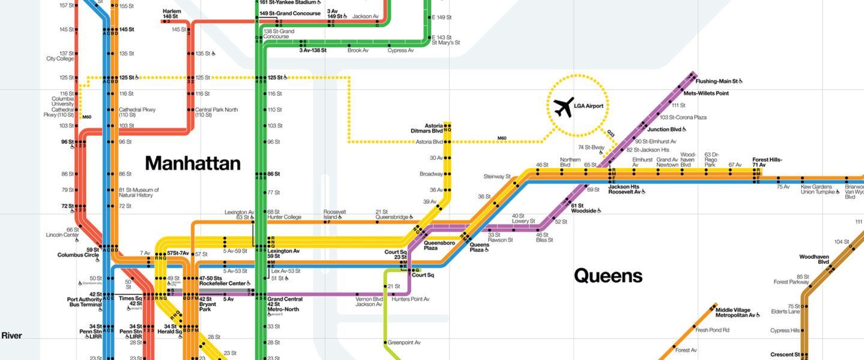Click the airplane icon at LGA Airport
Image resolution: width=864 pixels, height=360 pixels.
coord(563,107)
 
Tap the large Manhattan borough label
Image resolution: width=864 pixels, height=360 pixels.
coord(193,163)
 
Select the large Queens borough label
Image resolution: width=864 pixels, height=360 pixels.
coord(608,276)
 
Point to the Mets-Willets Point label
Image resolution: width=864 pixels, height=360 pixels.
coord(706,93)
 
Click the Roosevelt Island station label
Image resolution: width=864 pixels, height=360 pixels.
coord(335,215)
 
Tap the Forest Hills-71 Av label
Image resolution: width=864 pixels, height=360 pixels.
coord(767,163)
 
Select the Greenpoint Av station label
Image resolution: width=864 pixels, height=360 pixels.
coord(404,343)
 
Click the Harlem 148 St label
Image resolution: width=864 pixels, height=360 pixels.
coord(171,14)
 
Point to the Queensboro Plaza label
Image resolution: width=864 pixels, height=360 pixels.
coord(439,245)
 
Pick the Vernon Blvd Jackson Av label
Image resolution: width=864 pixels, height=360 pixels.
coord(368,302)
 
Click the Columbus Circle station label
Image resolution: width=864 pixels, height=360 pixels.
coord(78,255)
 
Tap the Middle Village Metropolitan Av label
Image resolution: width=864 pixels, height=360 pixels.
coord(737,312)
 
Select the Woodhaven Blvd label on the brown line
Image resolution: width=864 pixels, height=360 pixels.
coord(814,259)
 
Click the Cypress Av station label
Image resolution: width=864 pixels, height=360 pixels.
coord(400,50)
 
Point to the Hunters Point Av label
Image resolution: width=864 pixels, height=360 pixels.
coord(411,299)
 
